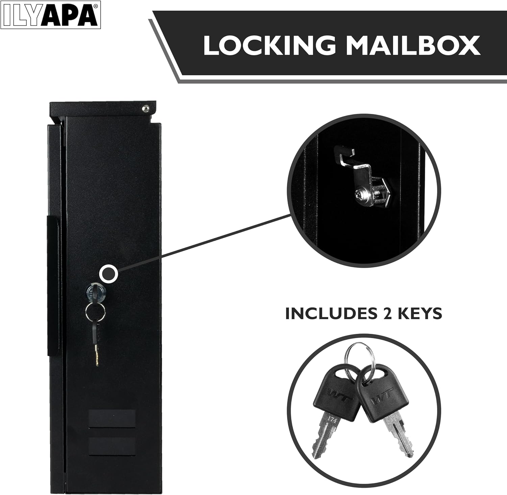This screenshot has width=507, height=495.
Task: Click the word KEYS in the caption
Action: pyautogui.click(x=416, y=313)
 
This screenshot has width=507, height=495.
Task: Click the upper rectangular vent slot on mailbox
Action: pyautogui.click(x=112, y=419)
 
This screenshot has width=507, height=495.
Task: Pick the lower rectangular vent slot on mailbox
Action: pyautogui.click(x=112, y=445)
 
